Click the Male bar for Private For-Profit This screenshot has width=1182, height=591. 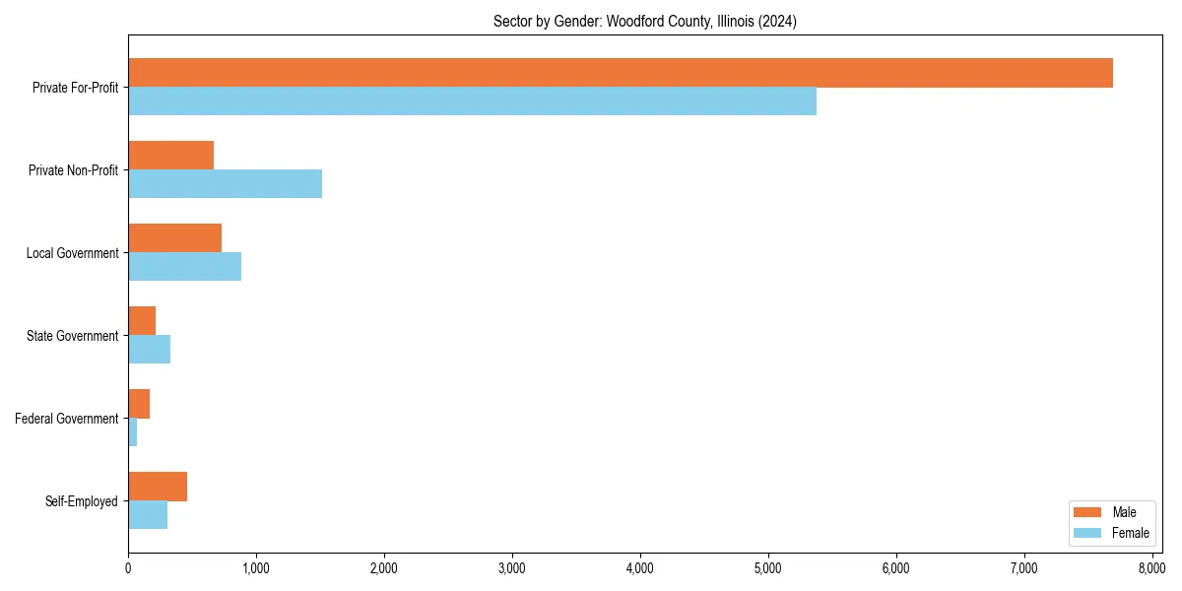pos(621,73)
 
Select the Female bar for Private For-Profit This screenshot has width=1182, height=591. pos(472,101)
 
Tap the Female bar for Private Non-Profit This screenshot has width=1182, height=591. pos(225,184)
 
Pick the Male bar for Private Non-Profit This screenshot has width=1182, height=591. pos(170,156)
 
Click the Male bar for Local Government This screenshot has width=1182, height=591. pos(174,238)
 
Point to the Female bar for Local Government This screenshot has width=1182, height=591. pos(184,267)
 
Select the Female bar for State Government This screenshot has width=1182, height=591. pos(149,350)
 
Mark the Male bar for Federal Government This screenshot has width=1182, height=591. pos(139,404)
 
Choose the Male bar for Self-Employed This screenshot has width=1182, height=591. pos(158,487)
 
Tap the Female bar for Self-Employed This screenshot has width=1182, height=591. pos(148,515)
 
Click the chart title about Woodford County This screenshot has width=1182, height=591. pos(645,21)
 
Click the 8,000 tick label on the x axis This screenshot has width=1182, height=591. pos(1151,568)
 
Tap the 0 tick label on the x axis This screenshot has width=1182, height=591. pos(128,568)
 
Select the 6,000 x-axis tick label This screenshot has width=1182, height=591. pos(895,568)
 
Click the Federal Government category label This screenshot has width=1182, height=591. pos(67,419)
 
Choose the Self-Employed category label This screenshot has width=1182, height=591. pos(82,501)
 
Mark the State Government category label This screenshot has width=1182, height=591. pos(72,336)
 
